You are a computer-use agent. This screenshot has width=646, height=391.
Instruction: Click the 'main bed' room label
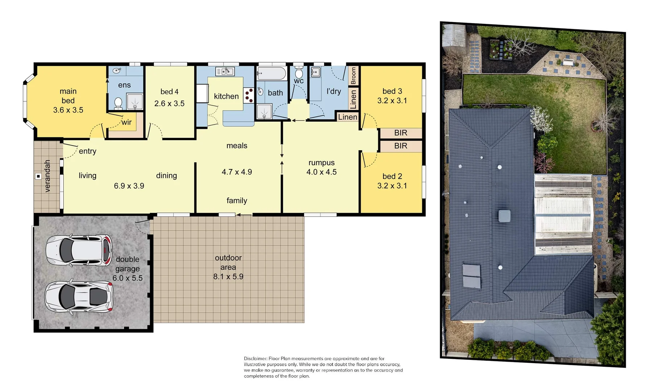pos(68,96)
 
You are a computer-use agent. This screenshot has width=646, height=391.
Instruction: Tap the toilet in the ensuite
pos(118,103)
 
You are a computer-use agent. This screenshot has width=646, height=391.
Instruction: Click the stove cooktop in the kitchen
pos(248,96)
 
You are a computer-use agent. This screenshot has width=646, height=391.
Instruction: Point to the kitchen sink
pos(225,71)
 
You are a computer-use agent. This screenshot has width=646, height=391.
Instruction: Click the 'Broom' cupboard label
pos(353,76)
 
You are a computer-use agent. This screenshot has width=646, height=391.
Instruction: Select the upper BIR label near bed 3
pos(401,133)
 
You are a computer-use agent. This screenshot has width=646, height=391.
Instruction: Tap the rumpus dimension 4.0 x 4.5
pos(322,172)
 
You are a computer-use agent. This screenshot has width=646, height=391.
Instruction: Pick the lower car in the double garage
pos(79,297)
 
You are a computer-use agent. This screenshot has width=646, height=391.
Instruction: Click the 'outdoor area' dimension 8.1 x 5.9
pos(228,277)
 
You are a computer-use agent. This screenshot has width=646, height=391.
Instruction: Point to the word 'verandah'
pos(47,176)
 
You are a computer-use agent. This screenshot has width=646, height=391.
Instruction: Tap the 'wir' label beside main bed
pos(127,122)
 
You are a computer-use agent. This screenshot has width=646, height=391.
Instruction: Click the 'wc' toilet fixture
pos(299,73)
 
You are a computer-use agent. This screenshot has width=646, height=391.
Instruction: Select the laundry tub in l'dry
pos(316,72)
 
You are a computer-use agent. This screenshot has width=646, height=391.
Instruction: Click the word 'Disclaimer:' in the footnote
pos(256,358)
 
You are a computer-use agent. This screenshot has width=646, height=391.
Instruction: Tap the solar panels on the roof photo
pos(472,276)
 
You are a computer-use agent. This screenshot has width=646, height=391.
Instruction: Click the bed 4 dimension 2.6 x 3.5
pos(169,104)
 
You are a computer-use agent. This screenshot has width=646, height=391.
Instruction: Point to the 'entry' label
pos(87,151)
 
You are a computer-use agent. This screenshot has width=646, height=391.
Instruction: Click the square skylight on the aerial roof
pos(505,216)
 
